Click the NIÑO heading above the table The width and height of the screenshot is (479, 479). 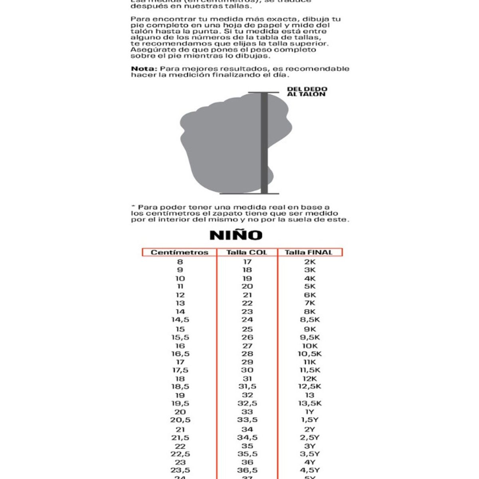coord(236,235)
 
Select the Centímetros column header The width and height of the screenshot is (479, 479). coord(180,252)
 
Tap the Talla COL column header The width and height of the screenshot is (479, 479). coord(247,252)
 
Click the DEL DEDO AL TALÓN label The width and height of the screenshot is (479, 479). coord(307,92)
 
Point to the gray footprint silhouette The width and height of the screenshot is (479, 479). coord(224,144)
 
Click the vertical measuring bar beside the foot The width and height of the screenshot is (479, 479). coord(264,143)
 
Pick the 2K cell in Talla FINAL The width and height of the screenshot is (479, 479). coord(310,262)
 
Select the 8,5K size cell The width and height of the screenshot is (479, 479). coord(310,320)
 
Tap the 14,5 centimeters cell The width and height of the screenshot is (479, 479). coord(180,320)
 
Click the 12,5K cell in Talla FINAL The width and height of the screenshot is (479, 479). coord(310,386)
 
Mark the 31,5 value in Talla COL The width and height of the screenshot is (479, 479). coord(247,386)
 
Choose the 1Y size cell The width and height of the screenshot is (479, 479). coord(310,412)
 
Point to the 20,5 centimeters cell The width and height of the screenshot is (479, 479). coord(180,420)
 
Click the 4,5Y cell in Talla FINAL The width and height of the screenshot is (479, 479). coord(310,470)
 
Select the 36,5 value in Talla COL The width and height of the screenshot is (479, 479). coord(247,470)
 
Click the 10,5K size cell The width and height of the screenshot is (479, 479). coord(310,354)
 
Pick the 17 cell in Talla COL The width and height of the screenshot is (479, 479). coord(247,262)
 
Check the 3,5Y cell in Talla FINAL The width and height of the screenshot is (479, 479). coord(310,454)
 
